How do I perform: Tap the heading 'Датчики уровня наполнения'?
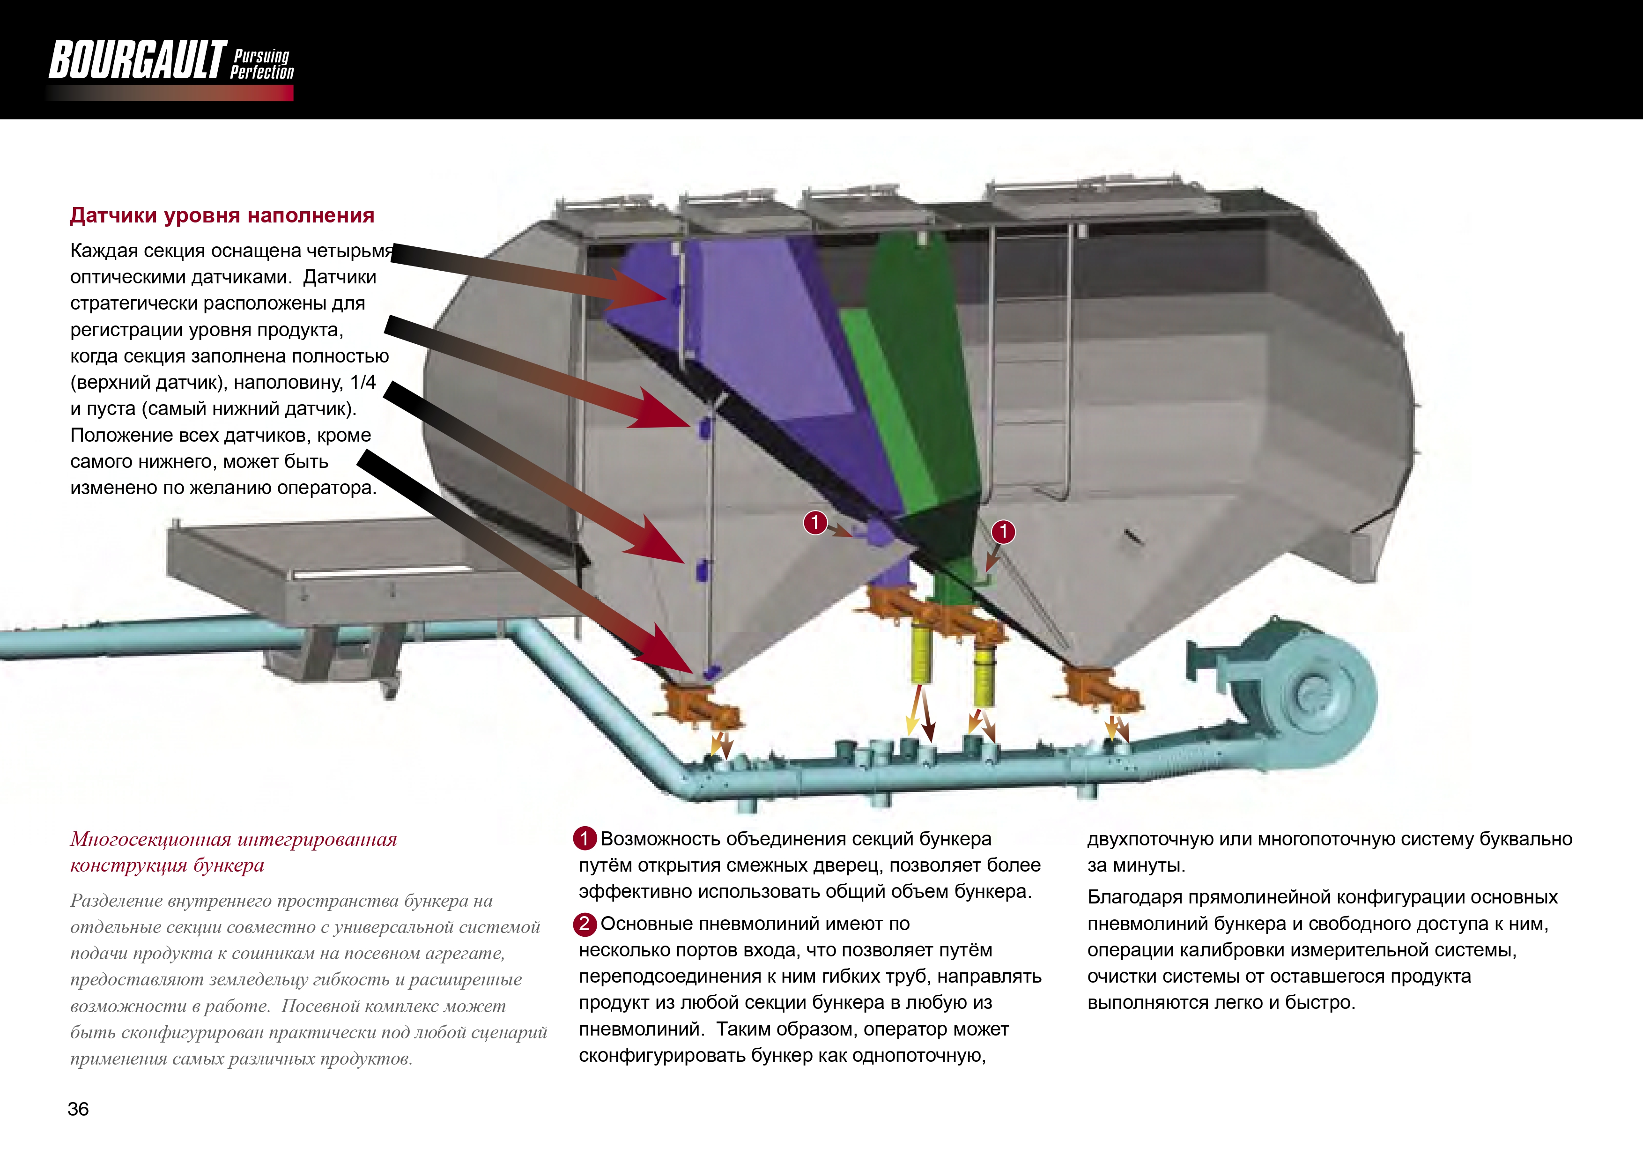(222, 215)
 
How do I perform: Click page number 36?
(78, 1109)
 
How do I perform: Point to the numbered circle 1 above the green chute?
(1003, 531)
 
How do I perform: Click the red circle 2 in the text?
(585, 924)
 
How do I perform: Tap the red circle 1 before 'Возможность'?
(585, 838)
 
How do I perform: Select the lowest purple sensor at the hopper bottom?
(711, 673)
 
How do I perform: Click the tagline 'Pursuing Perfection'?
(262, 64)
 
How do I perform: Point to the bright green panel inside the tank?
(888, 408)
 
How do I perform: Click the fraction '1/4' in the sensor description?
(363, 382)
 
